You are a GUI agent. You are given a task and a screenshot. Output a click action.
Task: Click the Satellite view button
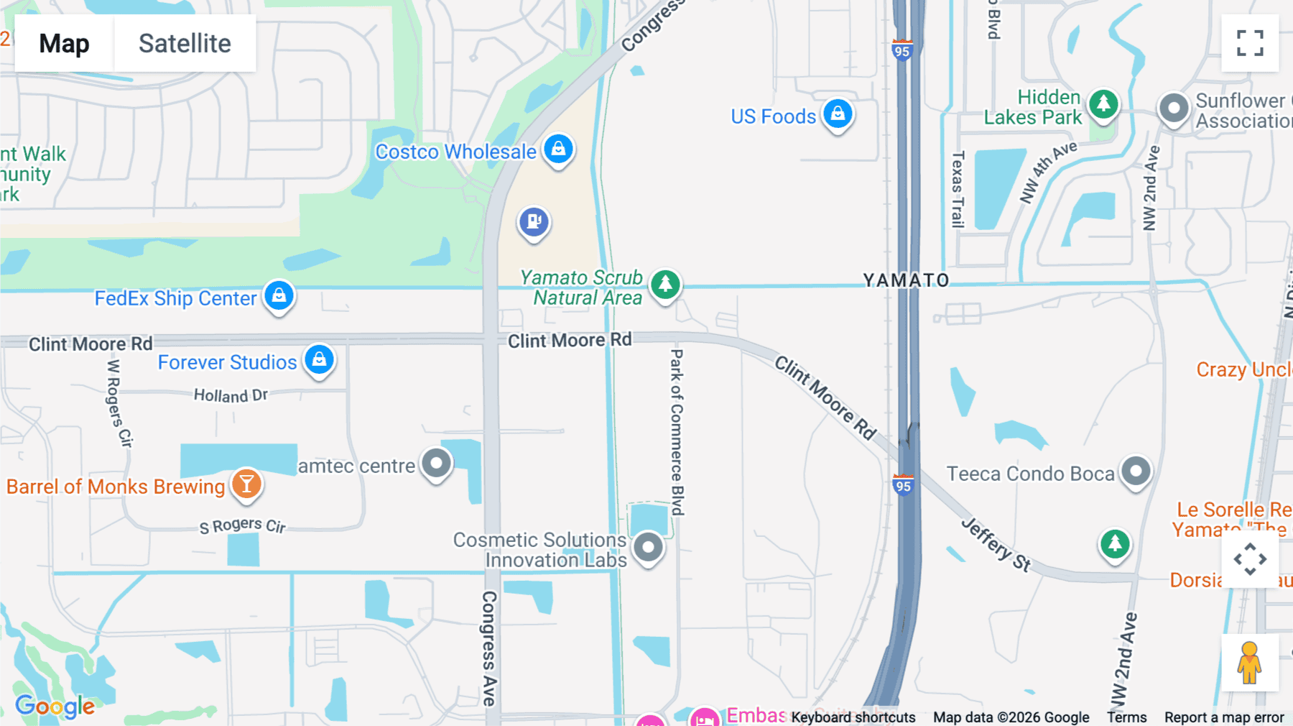coord(185,43)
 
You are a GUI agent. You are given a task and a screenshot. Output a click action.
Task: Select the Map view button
coord(64,43)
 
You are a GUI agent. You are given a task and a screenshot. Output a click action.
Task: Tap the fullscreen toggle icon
coord(1250,43)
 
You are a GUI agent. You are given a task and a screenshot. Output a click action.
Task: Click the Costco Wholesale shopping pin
coord(558,149)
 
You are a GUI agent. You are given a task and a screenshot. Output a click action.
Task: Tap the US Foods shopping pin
coord(838,114)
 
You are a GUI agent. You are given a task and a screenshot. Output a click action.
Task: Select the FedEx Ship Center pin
coord(279,295)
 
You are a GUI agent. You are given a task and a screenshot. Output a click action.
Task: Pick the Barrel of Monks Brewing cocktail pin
coord(246,484)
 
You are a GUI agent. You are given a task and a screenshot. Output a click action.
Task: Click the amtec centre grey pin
coord(436,464)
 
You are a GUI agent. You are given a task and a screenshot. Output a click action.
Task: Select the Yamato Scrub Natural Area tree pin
coord(665,284)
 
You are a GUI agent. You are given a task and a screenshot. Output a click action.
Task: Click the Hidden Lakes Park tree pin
coord(1103,104)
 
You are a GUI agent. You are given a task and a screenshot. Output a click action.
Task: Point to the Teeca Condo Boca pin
coord(1136,472)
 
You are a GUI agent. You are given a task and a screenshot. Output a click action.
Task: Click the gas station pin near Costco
coord(534,222)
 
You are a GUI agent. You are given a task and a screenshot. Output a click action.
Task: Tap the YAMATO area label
coord(906,280)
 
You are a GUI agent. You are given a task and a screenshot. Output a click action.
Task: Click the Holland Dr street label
coord(231,395)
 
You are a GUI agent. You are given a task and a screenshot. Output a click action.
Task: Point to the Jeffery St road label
coord(996,544)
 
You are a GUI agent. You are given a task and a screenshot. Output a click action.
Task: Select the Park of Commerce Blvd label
coord(677,432)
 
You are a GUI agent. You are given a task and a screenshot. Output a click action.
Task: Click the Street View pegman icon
coord(1249,663)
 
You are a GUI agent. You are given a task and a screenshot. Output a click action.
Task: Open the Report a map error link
coord(1224,717)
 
